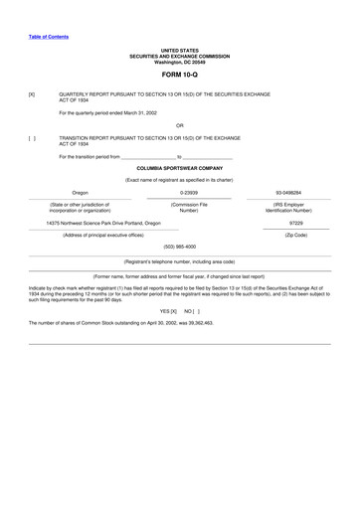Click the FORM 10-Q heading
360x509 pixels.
point(180,75)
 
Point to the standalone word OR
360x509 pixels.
point(180,124)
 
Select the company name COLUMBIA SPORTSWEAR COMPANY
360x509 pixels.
point(180,168)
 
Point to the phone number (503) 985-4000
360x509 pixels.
point(180,246)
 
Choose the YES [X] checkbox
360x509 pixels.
point(168,311)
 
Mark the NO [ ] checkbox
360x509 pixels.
point(192,311)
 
